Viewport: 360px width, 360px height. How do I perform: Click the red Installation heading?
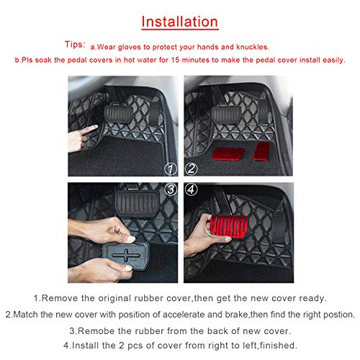pyautogui.click(x=180, y=22)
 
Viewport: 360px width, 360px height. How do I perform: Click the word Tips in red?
pyautogui.click(x=75, y=45)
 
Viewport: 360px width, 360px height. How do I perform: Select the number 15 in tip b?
pyautogui.click(x=176, y=60)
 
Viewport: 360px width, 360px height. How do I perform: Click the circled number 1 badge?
pyautogui.click(x=171, y=169)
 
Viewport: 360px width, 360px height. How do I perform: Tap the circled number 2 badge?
pyautogui.click(x=191, y=168)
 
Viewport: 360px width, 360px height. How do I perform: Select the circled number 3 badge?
pyautogui.click(x=171, y=189)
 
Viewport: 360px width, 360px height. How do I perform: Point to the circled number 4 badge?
pyautogui.click(x=191, y=189)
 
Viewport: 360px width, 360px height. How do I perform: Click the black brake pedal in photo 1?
pyautogui.click(x=118, y=114)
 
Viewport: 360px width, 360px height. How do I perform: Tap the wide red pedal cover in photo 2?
pyautogui.click(x=228, y=154)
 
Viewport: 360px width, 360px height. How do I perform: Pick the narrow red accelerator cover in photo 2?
pyautogui.click(x=262, y=151)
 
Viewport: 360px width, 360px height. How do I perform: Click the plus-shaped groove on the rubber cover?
pyautogui.click(x=126, y=255)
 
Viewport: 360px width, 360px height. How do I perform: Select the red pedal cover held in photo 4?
pyautogui.click(x=229, y=226)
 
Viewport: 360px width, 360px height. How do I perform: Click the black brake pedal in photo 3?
pyautogui.click(x=137, y=204)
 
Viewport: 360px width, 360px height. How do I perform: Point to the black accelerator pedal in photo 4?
pyautogui.click(x=279, y=225)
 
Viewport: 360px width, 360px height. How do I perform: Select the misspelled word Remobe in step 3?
pyautogui.click(x=96, y=331)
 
